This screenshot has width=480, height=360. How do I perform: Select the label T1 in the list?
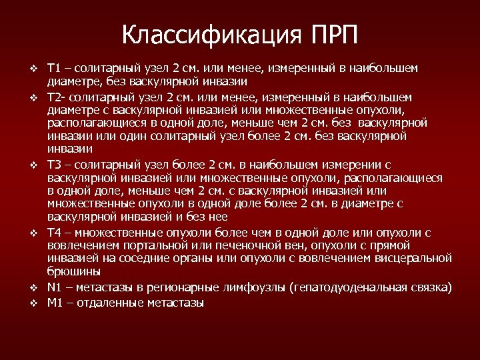[x=54, y=68]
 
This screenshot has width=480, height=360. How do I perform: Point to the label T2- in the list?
[x=55, y=97]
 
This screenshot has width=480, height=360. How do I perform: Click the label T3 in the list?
[x=55, y=164]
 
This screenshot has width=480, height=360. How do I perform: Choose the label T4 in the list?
[x=55, y=232]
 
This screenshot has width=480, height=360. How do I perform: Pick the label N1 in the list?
[x=55, y=288]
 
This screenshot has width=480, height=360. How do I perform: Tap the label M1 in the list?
[x=55, y=303]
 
